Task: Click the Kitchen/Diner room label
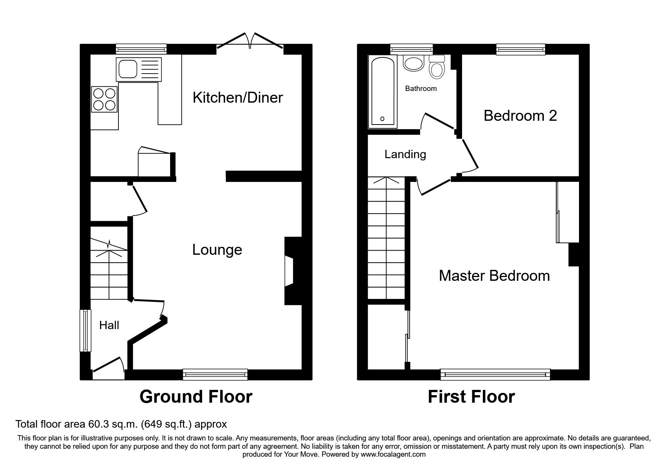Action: point(238,98)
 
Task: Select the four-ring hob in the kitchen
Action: point(104,100)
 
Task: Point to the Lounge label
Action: point(217,250)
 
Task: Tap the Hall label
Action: point(109,325)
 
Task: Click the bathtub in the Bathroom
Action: point(382,91)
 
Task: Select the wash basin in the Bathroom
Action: point(414,63)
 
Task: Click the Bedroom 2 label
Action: point(520,116)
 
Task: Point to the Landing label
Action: point(405,154)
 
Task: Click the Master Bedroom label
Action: point(494,276)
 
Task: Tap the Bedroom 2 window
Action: point(521,49)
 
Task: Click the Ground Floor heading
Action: point(196,397)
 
